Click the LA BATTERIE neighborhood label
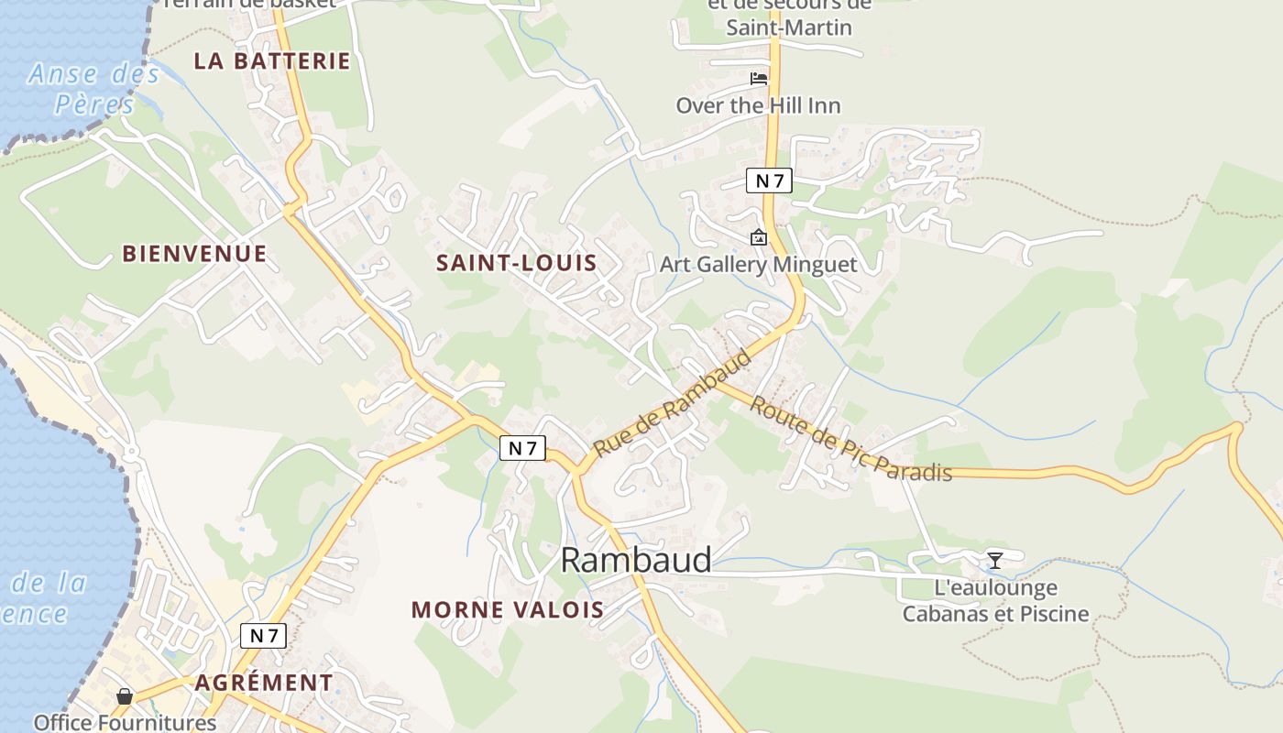pyautogui.click(x=272, y=61)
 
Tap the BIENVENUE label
pyautogui.click(x=194, y=254)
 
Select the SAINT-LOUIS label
pyautogui.click(x=516, y=263)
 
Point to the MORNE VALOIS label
pyautogui.click(x=508, y=609)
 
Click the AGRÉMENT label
pyautogui.click(x=264, y=683)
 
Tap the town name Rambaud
pyautogui.click(x=635, y=560)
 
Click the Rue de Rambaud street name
pyautogui.click(x=673, y=404)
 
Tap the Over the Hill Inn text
pyautogui.click(x=758, y=105)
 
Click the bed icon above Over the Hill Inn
pyautogui.click(x=759, y=79)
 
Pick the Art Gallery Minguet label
pyautogui.click(x=759, y=265)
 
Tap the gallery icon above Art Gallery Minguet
pyautogui.click(x=759, y=238)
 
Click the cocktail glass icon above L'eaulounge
pyautogui.click(x=995, y=560)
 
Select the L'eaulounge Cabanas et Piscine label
pyautogui.click(x=996, y=601)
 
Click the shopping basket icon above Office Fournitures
pyautogui.click(x=125, y=696)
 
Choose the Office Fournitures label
pyautogui.click(x=125, y=722)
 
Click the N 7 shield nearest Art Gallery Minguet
pyautogui.click(x=768, y=181)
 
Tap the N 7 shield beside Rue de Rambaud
pyautogui.click(x=522, y=448)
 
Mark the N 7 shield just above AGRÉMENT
pyautogui.click(x=264, y=636)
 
